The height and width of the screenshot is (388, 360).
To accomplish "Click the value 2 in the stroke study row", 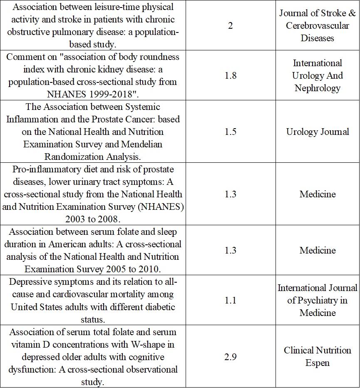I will coord(230,25).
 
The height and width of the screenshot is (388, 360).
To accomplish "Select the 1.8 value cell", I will coord(230,75).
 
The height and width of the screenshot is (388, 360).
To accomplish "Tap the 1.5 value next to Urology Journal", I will coord(230,132).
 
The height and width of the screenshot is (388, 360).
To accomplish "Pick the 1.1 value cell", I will coord(230,300).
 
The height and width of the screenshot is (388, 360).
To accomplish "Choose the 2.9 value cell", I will coord(230,356).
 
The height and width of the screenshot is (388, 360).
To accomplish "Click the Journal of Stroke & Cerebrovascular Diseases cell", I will coord(318,25).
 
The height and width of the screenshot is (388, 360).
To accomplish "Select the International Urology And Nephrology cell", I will coord(318,75).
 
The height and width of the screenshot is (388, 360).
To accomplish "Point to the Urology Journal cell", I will coord(318,132).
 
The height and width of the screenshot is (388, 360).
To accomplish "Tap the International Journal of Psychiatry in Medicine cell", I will coord(318,300).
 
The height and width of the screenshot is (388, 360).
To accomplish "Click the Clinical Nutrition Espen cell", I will coord(318,356).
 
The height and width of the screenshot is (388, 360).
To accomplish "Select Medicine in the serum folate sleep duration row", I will coord(318,250).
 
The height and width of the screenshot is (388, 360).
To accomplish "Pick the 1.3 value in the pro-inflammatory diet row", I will coord(230,194).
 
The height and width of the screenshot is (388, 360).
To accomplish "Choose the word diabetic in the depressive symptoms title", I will coord(159,306).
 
